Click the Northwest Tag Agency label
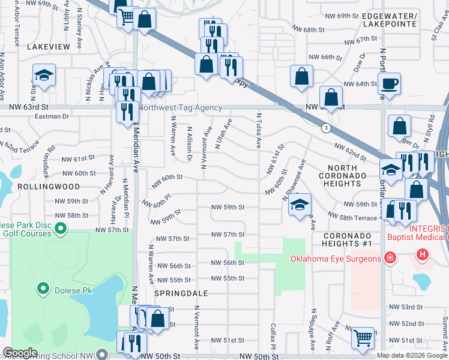pyautogui.click(x=181, y=108)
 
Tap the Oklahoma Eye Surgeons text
pyautogui.click(x=336, y=259)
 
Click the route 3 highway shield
pyautogui.click(x=325, y=128)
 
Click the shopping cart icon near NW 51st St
pyautogui.click(x=363, y=338)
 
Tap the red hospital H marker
pyautogui.click(x=423, y=255)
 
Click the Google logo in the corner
pyautogui.click(x=20, y=353)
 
